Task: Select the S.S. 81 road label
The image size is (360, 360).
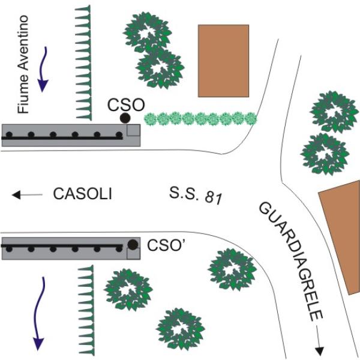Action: pyautogui.click(x=192, y=194)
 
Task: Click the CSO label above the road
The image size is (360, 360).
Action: pyautogui.click(x=126, y=104)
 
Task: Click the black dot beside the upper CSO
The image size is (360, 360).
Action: pyautogui.click(x=125, y=118)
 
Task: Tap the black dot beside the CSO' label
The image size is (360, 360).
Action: pyautogui.click(x=133, y=244)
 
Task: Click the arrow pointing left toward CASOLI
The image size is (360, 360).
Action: pyautogui.click(x=28, y=194)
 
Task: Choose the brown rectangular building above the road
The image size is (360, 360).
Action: pyautogui.click(x=223, y=61)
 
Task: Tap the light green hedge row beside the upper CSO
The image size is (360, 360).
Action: pyautogui.click(x=200, y=118)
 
